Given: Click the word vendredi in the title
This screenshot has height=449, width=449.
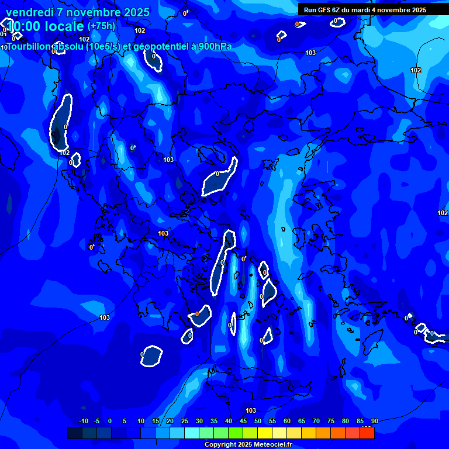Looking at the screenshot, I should (x=29, y=12).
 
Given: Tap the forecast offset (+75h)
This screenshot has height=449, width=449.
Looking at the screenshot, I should (x=101, y=26).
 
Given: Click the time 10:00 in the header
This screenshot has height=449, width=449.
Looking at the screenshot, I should (x=25, y=26).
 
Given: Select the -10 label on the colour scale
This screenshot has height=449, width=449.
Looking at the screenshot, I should (x=83, y=422).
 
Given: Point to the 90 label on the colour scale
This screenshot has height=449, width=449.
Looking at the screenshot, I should (x=374, y=422).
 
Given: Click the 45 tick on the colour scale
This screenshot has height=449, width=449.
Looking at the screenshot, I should (x=243, y=422).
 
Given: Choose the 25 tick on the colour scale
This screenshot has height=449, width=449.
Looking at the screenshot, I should (x=185, y=422).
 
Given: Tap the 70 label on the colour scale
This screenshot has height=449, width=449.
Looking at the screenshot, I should (x=316, y=422).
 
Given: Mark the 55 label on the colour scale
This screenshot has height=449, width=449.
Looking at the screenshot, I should (x=272, y=422).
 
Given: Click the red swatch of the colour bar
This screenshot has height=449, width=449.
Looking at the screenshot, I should (x=367, y=433).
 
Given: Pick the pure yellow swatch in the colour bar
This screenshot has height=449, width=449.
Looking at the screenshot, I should (x=265, y=433).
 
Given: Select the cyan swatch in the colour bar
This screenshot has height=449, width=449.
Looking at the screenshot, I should (x=192, y=433).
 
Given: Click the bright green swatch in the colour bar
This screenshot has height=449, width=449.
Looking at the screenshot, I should (x=236, y=433).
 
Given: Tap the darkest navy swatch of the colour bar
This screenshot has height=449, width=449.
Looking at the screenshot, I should (x=75, y=433).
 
